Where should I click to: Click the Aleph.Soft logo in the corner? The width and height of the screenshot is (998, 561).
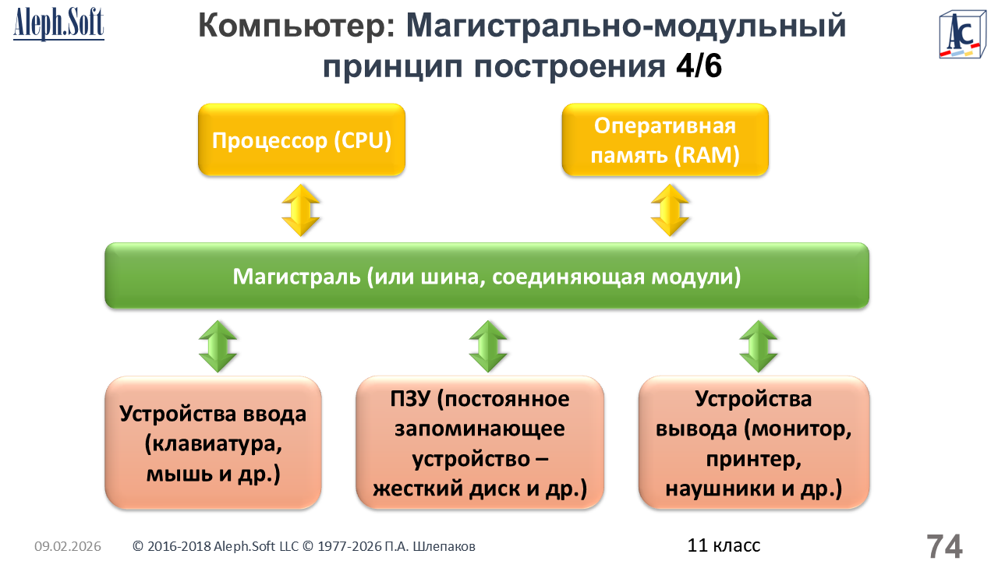tap(58, 25)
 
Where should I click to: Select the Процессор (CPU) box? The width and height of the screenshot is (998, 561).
tap(302, 140)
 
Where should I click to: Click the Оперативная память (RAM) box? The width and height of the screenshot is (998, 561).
tap(665, 140)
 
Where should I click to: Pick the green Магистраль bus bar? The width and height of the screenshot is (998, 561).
tap(487, 276)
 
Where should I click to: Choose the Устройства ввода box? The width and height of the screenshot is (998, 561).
tap(213, 443)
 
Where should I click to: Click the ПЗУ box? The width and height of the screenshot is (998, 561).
tap(480, 443)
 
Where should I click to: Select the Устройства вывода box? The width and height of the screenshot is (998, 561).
tap(754, 443)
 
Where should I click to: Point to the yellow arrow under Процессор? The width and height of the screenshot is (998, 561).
tap(301, 210)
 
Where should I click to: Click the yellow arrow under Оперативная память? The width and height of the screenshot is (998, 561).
tap(670, 210)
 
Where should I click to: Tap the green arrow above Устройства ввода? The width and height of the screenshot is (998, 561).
tap(218, 346)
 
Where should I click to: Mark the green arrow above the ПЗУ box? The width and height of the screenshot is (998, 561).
tap(489, 346)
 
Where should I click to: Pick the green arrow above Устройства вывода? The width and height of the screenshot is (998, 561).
tap(759, 346)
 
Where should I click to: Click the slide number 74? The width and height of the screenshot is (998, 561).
tap(944, 546)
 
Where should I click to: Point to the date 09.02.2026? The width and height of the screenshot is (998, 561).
tap(68, 547)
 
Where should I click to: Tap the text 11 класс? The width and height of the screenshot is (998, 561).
tap(724, 545)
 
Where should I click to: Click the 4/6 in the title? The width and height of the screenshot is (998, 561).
tap(699, 67)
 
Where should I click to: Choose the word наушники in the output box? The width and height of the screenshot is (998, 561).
tap(713, 489)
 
